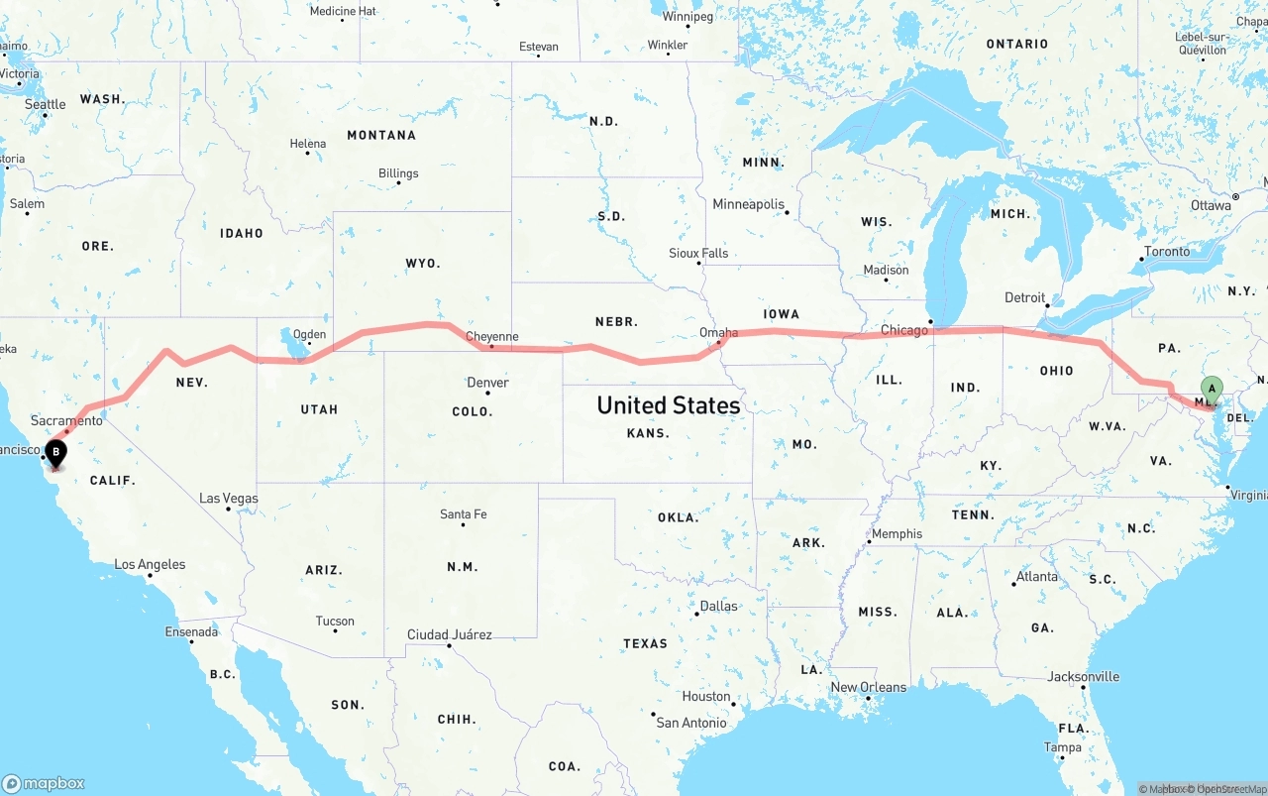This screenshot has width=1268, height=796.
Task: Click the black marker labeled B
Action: tap(56, 454)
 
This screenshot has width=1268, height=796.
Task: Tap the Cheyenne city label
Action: tap(492, 337)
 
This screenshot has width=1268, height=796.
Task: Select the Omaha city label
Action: tap(718, 333)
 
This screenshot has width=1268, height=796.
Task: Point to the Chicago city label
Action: tap(903, 330)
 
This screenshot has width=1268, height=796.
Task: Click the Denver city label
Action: tap(487, 383)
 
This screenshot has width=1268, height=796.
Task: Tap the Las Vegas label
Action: tap(228, 499)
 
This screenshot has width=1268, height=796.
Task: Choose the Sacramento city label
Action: tap(66, 421)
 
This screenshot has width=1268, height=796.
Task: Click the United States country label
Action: tap(668, 405)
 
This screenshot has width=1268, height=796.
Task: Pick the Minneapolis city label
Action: tap(748, 204)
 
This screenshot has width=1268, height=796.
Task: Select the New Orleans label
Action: tap(868, 687)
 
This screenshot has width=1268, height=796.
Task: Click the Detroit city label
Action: tap(1024, 297)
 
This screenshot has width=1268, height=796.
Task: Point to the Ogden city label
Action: tap(310, 334)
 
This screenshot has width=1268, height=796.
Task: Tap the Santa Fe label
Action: tap(463, 514)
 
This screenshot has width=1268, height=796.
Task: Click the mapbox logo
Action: tap(44, 783)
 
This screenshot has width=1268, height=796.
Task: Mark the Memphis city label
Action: tap(897, 533)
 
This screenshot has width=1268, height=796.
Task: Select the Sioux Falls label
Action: tap(698, 254)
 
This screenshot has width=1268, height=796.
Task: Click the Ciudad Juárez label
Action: tap(449, 634)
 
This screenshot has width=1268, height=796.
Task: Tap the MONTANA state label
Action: tap(381, 135)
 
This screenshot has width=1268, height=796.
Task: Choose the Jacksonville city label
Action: tap(1083, 677)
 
